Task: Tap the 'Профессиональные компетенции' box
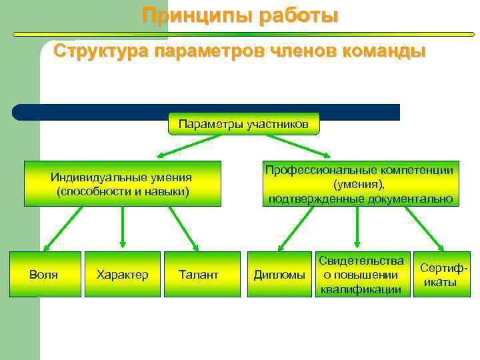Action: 359,184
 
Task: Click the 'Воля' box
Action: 45,274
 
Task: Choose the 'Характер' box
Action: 122,274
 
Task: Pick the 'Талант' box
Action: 199,274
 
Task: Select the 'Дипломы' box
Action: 279,274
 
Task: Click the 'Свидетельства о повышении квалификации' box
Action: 361,274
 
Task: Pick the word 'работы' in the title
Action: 294,15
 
